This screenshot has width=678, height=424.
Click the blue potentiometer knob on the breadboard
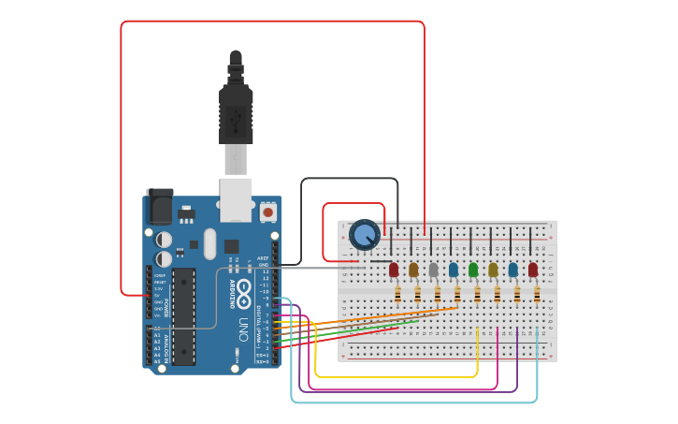pyautogui.click(x=364, y=234)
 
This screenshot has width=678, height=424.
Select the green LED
pyautogui.click(x=473, y=270)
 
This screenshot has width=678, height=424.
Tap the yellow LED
pyautogui.click(x=493, y=270)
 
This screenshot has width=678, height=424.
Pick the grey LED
pyautogui.click(x=433, y=270)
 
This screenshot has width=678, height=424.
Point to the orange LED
pyautogui.click(x=413, y=270)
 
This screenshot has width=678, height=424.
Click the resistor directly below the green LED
pyautogui.click(x=477, y=295)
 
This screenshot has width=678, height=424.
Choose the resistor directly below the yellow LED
pyautogui.click(x=497, y=295)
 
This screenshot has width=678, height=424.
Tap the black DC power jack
pyautogui.click(x=159, y=206)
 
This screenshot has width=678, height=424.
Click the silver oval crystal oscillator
pyautogui.click(x=209, y=245)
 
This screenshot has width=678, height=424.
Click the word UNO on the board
pyautogui.click(x=242, y=329)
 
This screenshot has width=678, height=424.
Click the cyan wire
pyautogui.click(x=411, y=402)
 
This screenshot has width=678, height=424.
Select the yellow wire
pyautogui.click(x=393, y=376)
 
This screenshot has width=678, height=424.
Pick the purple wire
pyautogui.click(x=411, y=390)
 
